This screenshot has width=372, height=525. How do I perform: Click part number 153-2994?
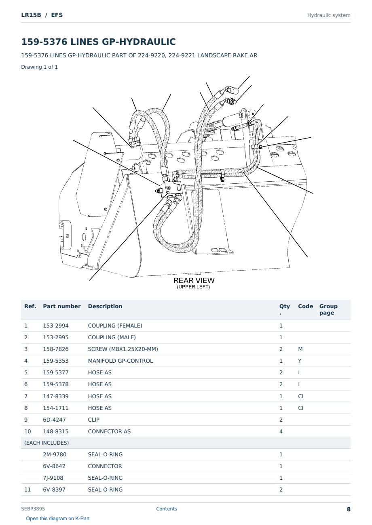[x=56, y=325]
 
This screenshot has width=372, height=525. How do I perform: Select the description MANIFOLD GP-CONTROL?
[x=120, y=361]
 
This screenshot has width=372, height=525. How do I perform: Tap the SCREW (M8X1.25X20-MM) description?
[x=123, y=349]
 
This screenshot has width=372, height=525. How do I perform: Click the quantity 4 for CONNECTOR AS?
[x=281, y=431]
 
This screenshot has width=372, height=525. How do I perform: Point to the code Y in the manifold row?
[x=300, y=361]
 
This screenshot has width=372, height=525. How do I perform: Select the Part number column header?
[x=62, y=306]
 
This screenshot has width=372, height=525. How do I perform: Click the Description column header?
[x=105, y=306]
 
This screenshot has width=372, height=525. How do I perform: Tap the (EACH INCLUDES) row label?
[x=46, y=443]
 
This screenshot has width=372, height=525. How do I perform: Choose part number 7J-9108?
[x=53, y=478]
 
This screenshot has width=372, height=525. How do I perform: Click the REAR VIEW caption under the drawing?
[x=194, y=280]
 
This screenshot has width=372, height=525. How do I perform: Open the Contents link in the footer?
[x=167, y=509]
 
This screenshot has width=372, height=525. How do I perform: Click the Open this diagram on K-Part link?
[x=58, y=519]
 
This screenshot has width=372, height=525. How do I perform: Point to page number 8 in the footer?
[x=349, y=509]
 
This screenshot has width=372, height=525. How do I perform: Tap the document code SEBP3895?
[x=33, y=509]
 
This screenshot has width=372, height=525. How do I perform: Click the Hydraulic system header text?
[x=329, y=15]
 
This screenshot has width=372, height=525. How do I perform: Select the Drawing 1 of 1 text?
[x=40, y=67]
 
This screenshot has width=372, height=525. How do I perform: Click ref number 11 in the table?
[x=27, y=489]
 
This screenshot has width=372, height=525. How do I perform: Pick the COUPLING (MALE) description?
[x=112, y=337]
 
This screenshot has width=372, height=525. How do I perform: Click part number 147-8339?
[x=56, y=396]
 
